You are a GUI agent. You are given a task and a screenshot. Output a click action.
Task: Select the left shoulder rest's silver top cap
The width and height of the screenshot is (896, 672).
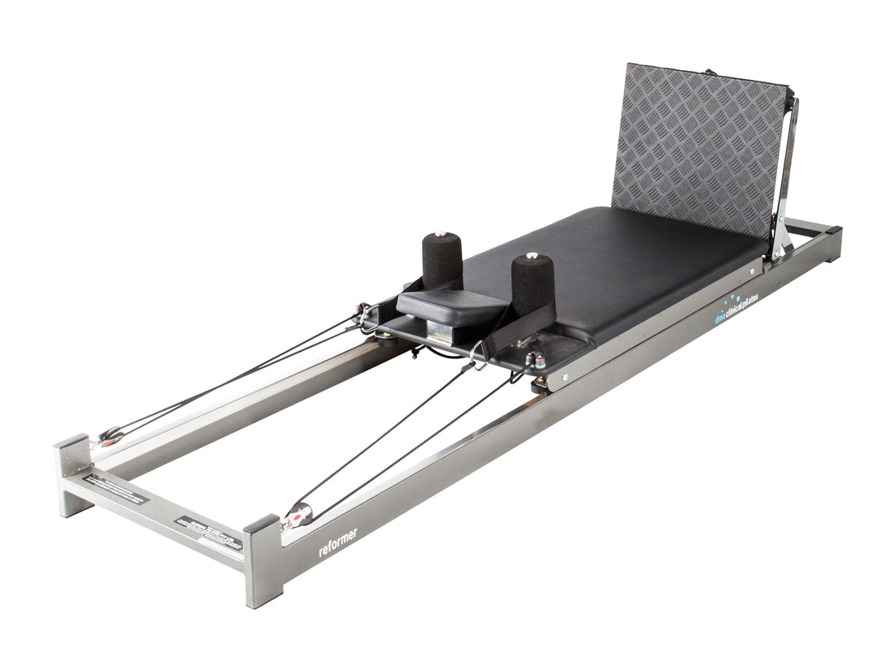coord(441,235)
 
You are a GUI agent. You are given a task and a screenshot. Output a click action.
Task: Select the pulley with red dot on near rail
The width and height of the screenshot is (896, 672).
coord(298,513)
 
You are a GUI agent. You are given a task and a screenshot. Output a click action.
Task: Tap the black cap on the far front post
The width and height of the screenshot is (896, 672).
coord(72,441)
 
